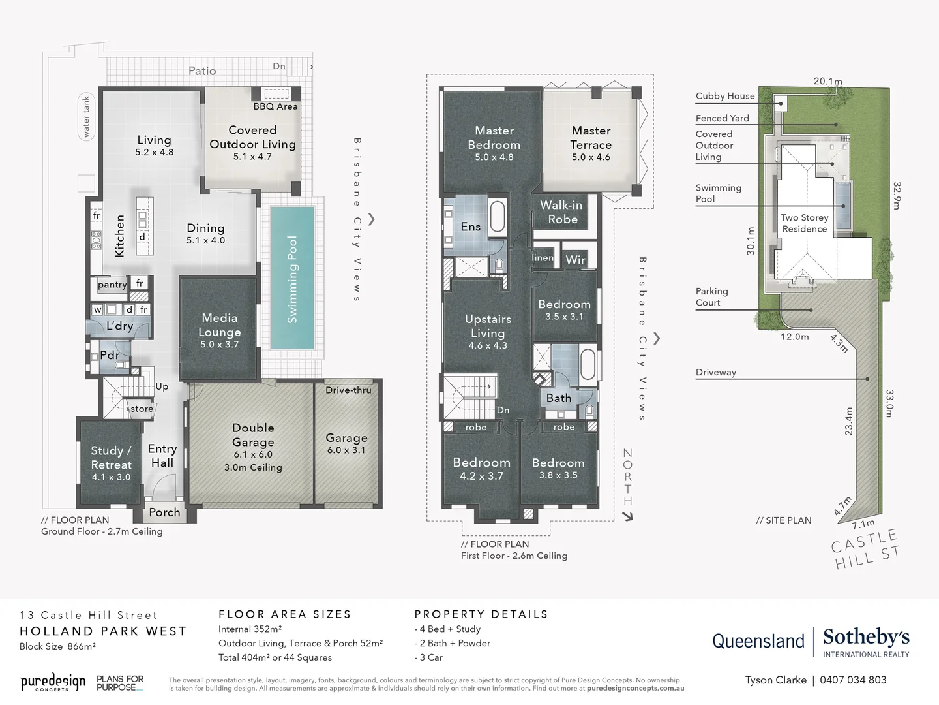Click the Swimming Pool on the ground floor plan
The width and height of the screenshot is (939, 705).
click(293, 279)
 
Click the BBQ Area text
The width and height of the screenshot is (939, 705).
click(275, 106)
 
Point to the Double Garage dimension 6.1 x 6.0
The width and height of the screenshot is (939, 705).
click(253, 454)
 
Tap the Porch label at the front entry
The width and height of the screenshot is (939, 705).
click(164, 512)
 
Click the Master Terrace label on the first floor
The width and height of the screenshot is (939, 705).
click(591, 138)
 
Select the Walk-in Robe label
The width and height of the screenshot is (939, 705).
click(561, 212)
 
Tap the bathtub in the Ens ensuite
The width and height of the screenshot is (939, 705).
click(498, 216)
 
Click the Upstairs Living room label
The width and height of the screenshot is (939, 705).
click(488, 326)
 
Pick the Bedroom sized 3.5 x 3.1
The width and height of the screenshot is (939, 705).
click(564, 309)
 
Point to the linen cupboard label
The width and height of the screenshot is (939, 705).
click(543, 258)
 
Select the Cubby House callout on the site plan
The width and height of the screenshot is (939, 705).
click(724, 96)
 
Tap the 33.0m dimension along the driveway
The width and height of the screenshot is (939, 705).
click(889, 403)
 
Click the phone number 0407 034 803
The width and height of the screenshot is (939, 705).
click(853, 680)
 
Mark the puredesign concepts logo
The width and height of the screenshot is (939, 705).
click(53, 682)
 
